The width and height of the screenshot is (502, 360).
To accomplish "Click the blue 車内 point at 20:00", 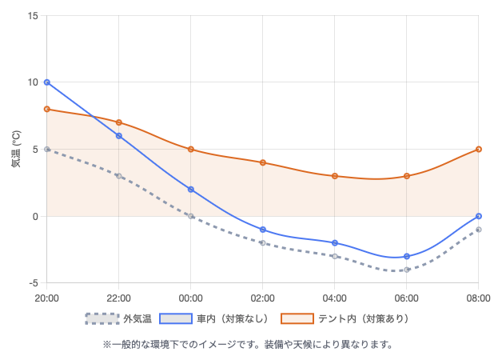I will (x=47, y=82).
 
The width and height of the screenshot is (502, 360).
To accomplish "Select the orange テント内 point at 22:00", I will (x=119, y=122).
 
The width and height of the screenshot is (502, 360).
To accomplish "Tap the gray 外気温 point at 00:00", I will (x=191, y=216).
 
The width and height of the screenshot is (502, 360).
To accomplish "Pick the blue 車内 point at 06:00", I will (x=407, y=256).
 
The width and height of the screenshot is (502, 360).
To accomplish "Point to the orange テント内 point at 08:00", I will (x=479, y=149).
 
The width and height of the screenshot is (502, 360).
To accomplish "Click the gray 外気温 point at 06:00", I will (x=407, y=270).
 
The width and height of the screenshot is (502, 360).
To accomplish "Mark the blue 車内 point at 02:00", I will (x=263, y=230).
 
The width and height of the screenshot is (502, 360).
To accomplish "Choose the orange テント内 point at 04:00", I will (x=335, y=176).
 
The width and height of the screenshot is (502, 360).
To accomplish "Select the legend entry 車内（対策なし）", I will (x=214, y=318).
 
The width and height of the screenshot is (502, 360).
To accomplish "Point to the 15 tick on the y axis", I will (x=32, y=15).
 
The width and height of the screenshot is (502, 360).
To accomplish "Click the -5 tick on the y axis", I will (x=32, y=283).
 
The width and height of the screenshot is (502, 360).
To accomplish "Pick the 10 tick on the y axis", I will (x=32, y=82).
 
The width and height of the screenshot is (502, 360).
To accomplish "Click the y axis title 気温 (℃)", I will (x=16, y=149).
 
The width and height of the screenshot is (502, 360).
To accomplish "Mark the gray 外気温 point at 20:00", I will (x=47, y=149).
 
